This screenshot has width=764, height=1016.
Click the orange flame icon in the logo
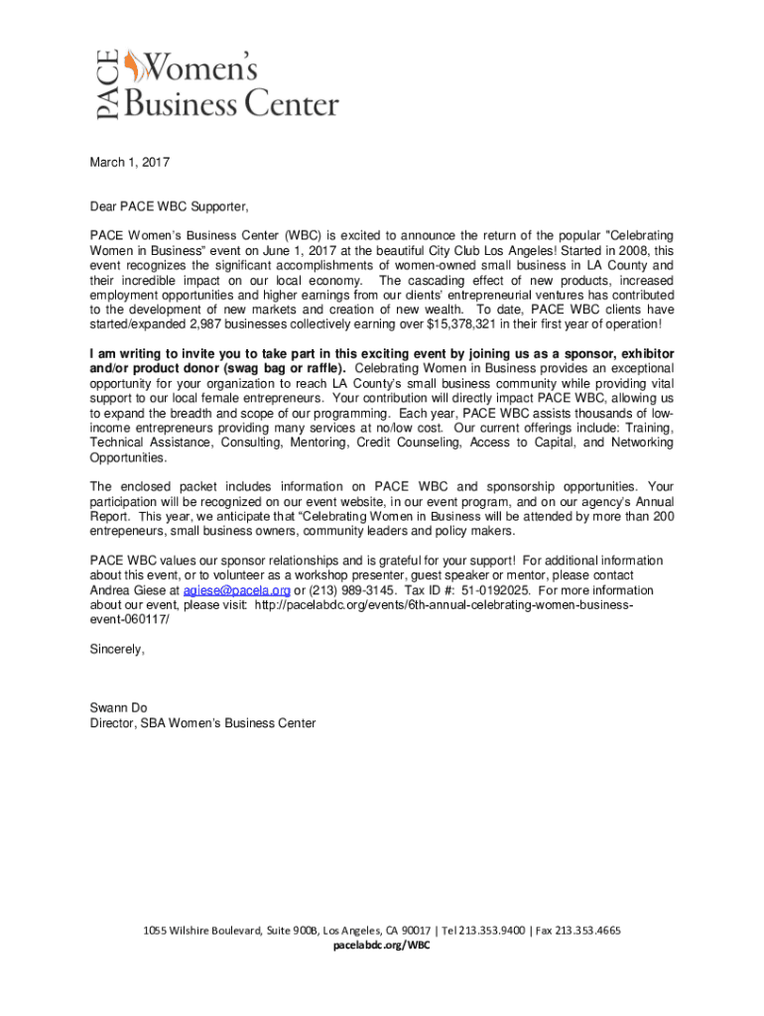tap(131, 67)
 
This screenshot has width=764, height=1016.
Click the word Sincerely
tap(117, 649)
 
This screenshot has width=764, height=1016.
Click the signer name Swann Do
tap(118, 707)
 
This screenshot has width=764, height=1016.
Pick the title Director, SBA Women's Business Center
tap(202, 722)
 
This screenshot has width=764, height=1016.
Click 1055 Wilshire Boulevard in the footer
tap(201, 931)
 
